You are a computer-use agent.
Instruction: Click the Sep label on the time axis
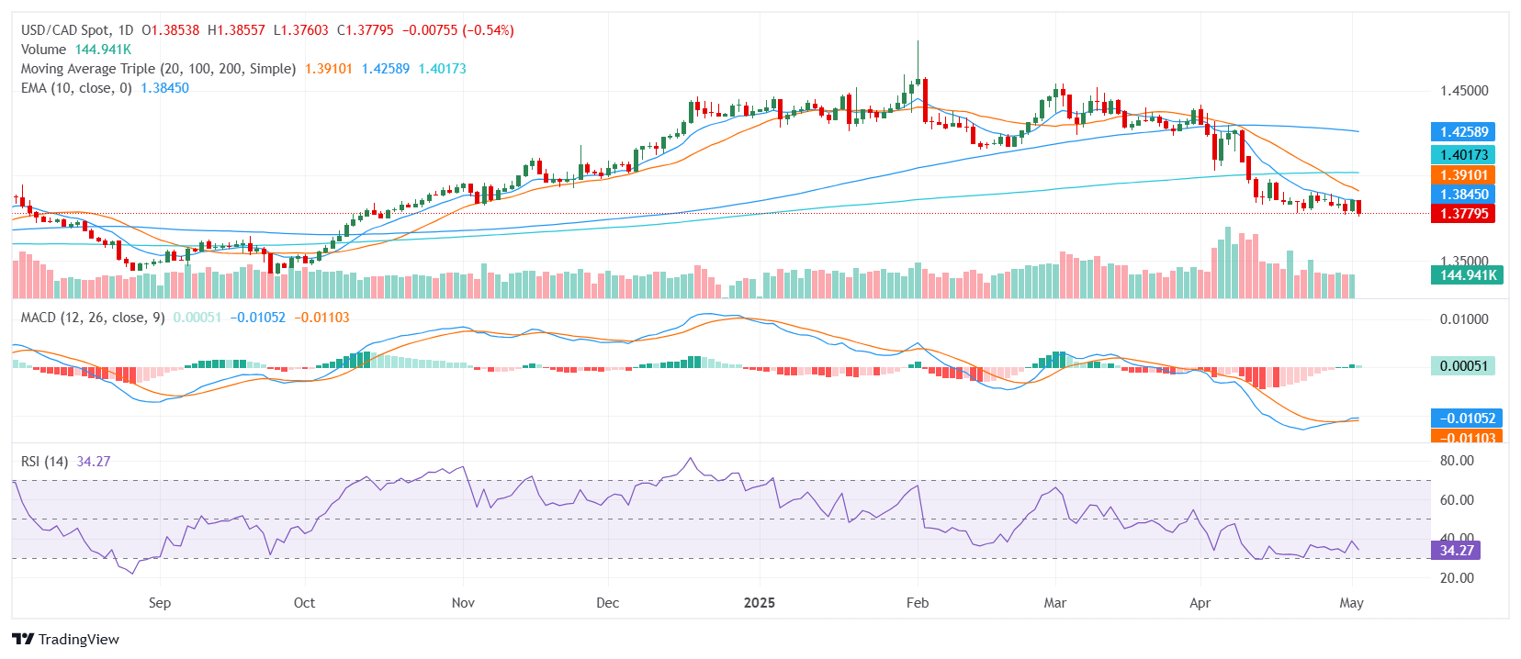click(x=160, y=603)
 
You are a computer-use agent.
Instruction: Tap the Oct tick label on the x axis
click(x=304, y=603)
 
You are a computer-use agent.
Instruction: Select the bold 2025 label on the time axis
click(x=759, y=603)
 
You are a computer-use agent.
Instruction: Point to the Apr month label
click(x=1200, y=603)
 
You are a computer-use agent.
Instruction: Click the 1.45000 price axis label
click(x=1464, y=91)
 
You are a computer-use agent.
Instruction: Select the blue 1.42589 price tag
click(x=1464, y=132)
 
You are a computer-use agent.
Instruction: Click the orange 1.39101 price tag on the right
click(x=1464, y=175)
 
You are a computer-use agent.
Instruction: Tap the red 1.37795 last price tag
click(x=1464, y=214)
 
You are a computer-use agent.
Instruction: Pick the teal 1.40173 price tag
click(x=1464, y=155)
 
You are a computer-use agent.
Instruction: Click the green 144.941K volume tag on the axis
click(x=1467, y=275)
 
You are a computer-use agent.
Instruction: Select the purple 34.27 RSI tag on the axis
click(x=1457, y=551)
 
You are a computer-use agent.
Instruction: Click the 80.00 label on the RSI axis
click(x=1457, y=461)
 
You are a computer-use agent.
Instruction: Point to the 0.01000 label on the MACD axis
click(x=1464, y=319)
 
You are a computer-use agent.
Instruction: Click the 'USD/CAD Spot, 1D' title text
click(x=77, y=30)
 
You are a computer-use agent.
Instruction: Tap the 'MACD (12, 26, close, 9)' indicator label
click(x=93, y=318)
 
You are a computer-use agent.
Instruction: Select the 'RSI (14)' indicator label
click(x=44, y=462)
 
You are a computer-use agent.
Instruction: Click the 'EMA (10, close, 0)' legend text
click(x=76, y=88)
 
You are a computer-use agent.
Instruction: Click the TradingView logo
click(x=66, y=640)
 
